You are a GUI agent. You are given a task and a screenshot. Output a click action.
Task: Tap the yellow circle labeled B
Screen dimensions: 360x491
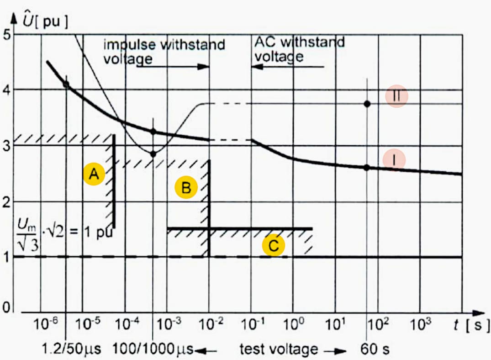pyautogui.click(x=185, y=187)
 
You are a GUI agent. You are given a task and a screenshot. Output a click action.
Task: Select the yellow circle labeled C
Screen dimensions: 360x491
pyautogui.click(x=273, y=245)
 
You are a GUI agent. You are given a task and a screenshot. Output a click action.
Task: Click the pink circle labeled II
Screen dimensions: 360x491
pyautogui.click(x=396, y=96)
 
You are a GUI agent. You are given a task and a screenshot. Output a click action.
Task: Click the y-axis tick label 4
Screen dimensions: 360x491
pyautogui.click(x=7, y=90)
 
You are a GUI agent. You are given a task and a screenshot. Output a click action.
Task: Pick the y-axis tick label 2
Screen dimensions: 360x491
pyautogui.click(x=7, y=202)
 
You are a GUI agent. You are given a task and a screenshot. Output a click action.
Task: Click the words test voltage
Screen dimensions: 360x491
pyautogui.click(x=279, y=349)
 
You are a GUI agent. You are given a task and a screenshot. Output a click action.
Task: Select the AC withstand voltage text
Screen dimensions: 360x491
pyautogui.click(x=299, y=49)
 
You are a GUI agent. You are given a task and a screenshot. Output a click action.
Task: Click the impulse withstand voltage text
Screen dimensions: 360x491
pyautogui.click(x=164, y=51)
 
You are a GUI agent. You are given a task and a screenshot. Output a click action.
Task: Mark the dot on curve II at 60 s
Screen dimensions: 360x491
pyautogui.click(x=367, y=104)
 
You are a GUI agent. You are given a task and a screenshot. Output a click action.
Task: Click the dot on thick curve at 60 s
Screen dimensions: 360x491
pyautogui.click(x=366, y=167)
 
